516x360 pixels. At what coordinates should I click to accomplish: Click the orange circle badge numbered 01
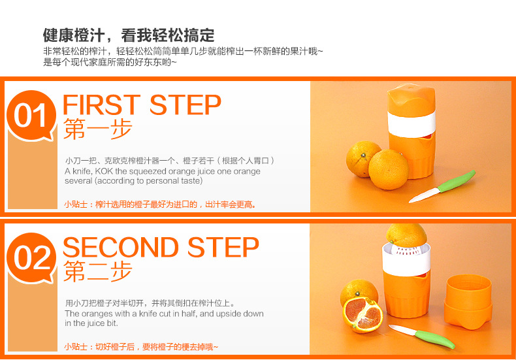31,115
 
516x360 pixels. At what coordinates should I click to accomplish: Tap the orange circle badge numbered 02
31,257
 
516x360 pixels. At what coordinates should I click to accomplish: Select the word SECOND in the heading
121,247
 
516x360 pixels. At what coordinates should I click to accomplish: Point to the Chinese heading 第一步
98,129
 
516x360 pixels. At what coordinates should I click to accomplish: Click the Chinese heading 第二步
98,271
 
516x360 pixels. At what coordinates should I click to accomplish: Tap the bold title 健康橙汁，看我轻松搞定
129,35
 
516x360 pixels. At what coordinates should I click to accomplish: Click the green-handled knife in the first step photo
443,186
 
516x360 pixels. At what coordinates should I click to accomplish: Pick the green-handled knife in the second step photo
422,336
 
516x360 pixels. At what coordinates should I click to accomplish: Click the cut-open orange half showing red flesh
363,314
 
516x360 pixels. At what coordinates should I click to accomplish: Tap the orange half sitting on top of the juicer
406,235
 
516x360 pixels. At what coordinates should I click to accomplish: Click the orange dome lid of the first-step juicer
411,99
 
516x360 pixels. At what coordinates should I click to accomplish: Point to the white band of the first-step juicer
411,124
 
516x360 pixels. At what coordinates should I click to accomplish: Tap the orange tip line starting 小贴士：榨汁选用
160,205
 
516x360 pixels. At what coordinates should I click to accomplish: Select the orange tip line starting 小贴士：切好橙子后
141,347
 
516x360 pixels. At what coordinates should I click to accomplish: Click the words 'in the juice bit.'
91,323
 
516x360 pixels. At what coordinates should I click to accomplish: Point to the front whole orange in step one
389,169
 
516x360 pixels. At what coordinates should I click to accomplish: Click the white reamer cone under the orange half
407,251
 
